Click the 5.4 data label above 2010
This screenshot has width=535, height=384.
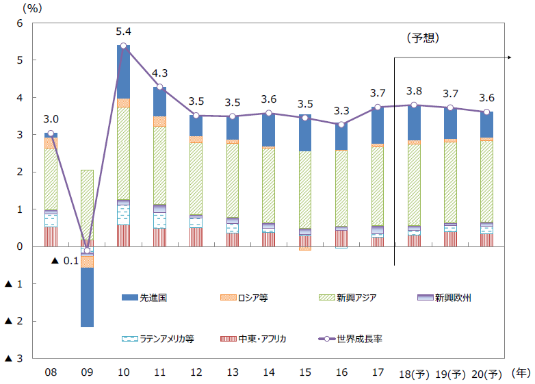pyautogui.click(x=124, y=31)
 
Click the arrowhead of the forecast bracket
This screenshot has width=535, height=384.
pyautogui.click(x=510, y=59)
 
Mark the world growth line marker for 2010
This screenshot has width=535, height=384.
pyautogui.click(x=124, y=46)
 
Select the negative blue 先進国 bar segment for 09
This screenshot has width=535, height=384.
pyautogui.click(x=87, y=297)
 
